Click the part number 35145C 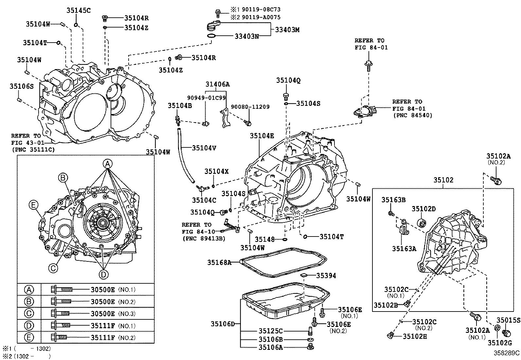tap(79, 10)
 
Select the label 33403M tap(287, 30)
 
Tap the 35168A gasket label tap(219, 262)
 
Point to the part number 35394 tap(326, 276)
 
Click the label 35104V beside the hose tap(204, 148)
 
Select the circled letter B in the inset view tap(63, 178)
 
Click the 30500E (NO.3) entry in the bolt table tap(103, 313)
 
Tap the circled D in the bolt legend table tap(29, 326)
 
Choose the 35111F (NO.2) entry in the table tap(103, 338)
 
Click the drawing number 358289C tap(507, 353)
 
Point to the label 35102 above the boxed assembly tap(443, 180)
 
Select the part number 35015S tap(508, 320)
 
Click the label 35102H tap(415, 336)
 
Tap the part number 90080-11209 tap(250, 107)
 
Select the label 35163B tap(393, 200)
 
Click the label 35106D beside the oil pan tap(223, 324)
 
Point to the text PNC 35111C tap(33, 149)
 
